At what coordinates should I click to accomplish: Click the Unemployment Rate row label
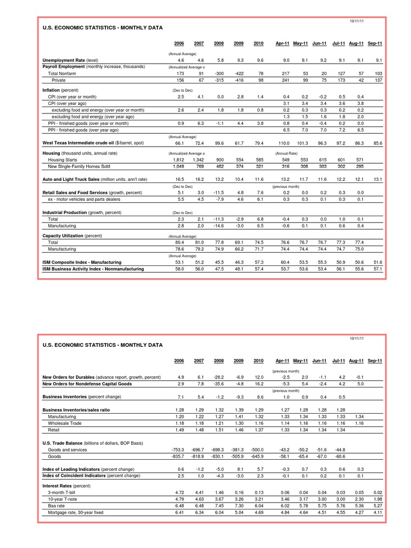point(70,60)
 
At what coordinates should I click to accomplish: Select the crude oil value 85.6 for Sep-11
point(377,143)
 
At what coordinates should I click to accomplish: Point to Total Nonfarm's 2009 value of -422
point(239,73)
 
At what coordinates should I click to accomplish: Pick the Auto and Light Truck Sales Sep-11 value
point(377,179)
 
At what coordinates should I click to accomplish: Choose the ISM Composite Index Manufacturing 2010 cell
point(258,262)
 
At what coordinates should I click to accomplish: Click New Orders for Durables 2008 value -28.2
point(218,377)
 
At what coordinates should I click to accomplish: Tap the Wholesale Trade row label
point(65,423)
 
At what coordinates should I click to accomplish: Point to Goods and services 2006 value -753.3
point(177,450)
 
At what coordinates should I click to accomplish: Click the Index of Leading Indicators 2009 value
point(239,469)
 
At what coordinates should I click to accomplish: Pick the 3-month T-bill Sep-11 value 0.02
point(377,492)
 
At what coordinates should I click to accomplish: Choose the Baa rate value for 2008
point(218,506)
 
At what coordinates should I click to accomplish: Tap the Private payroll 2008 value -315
point(218,80)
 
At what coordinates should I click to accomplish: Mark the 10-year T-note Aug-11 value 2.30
point(359,499)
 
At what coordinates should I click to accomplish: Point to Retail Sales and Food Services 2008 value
point(218,192)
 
